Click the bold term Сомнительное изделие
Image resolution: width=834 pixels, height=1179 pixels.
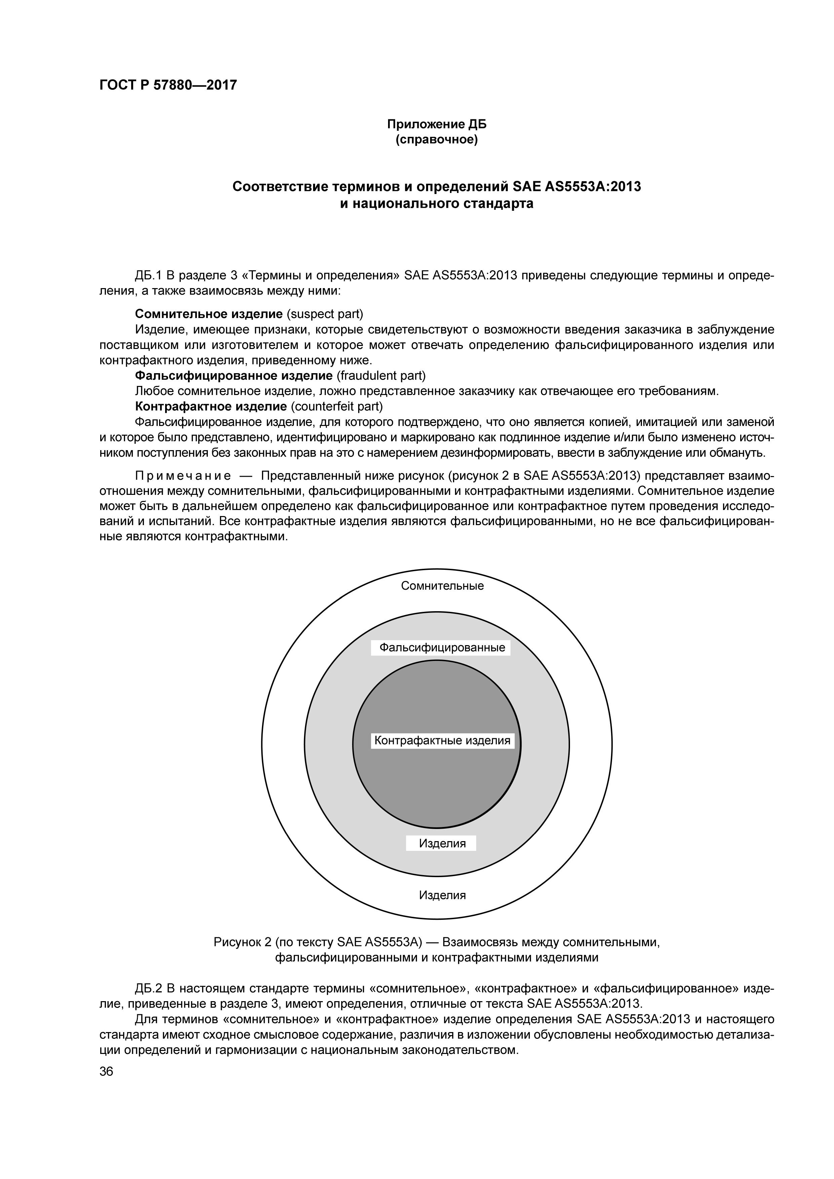208,314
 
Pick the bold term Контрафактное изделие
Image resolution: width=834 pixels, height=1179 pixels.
211,407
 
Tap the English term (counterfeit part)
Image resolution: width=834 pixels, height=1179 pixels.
337,407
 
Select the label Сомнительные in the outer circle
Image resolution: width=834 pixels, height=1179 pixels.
442,586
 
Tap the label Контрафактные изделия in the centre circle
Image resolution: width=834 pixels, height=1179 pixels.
442,741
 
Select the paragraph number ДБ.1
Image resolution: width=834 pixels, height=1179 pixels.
148,276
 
